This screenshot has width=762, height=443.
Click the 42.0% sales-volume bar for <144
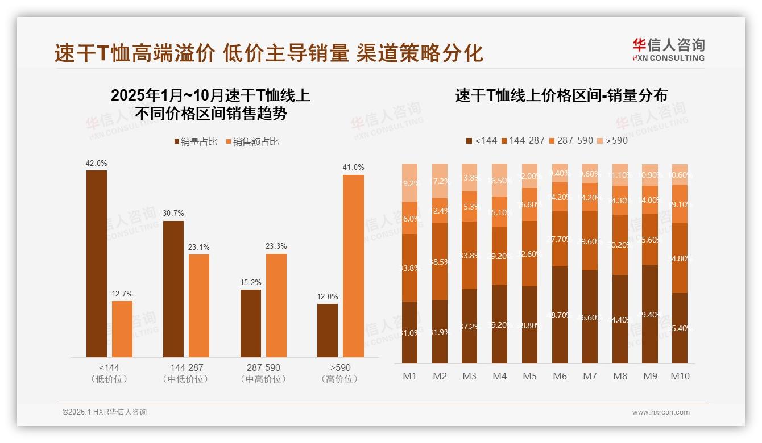pos(97,264)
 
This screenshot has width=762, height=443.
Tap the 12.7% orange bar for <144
pos(122,329)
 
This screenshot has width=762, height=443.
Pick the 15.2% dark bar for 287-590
pos(251,323)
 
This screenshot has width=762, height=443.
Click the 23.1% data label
pos(199,247)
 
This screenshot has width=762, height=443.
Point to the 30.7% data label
pos(173,213)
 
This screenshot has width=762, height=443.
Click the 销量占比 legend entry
pos(196,142)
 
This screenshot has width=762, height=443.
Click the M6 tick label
pos(560,376)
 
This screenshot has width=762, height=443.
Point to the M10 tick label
pos(680,376)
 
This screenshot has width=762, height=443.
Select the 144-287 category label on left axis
pos(185,367)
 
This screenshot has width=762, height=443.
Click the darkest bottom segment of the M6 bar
pos(560,315)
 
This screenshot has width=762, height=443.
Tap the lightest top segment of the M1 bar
pos(410,183)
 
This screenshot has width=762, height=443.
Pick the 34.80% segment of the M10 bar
pos(680,258)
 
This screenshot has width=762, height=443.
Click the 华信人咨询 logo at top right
pos(668,49)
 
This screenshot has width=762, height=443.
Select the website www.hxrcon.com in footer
pos(661,412)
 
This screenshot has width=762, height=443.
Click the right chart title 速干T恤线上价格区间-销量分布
pos(561,95)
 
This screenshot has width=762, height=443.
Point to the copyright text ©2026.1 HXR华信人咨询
pos(104,412)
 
